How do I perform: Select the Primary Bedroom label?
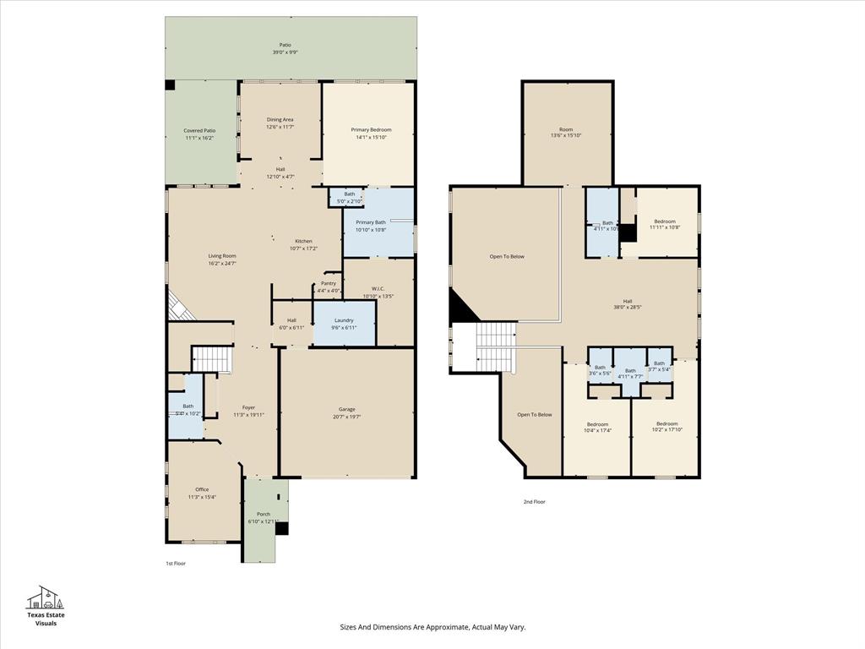[x=371, y=130]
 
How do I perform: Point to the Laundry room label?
[x=344, y=320]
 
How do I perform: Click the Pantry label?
[x=329, y=283]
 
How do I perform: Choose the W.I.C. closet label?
[x=378, y=289]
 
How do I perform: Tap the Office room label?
[x=202, y=489]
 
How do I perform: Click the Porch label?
[x=264, y=514]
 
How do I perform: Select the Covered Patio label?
[x=199, y=131]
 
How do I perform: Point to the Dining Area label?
[x=280, y=120]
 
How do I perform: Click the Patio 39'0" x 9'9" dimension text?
[x=285, y=52]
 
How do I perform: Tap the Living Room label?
[x=222, y=256]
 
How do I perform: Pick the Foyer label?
[x=248, y=407]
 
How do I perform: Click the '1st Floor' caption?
[x=175, y=563]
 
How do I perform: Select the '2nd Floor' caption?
[x=534, y=502]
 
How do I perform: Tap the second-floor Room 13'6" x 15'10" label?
[x=566, y=130]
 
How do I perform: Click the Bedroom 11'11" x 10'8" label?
[x=665, y=221]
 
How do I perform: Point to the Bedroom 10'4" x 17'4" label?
[x=598, y=423]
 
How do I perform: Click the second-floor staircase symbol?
[x=496, y=345]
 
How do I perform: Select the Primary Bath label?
[x=370, y=222]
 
